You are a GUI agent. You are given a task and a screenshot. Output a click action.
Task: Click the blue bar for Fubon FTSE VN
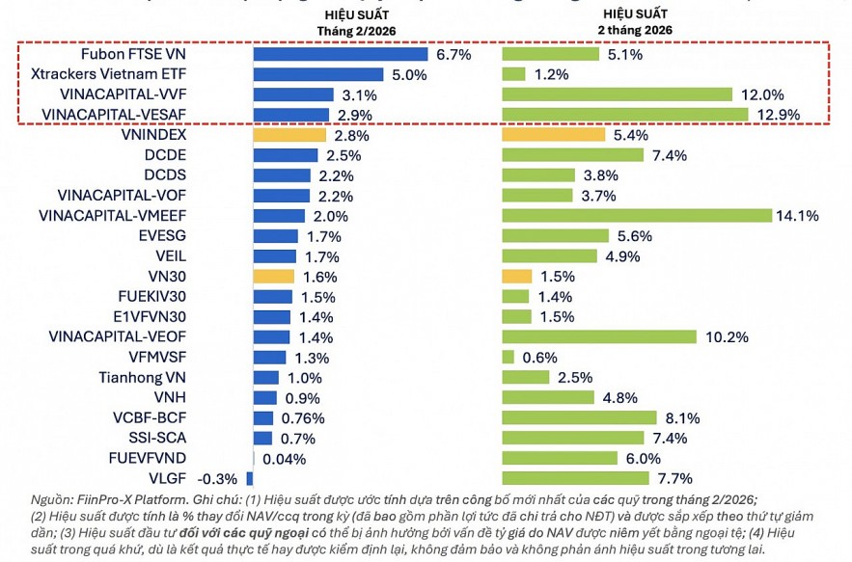coord(341,54)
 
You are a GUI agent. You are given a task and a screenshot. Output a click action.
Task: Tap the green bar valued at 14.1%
coord(637,215)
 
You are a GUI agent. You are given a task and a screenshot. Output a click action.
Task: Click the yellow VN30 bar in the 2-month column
coord(517,276)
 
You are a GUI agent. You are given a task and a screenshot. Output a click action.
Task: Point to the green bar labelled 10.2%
coord(599,336)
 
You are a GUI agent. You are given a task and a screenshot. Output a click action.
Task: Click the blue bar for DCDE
coord(286,155)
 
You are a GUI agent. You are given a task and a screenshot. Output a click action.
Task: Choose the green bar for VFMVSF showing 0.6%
coord(508,357)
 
